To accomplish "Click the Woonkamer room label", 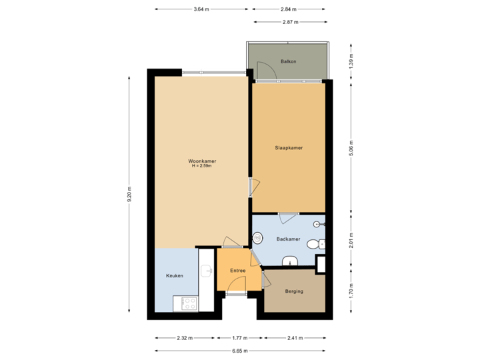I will pyautogui.click(x=201, y=161).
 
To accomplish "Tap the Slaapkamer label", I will pyautogui.click(x=289, y=147).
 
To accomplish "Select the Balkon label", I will pyautogui.click(x=288, y=61).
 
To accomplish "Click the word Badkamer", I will pyautogui.click(x=288, y=238).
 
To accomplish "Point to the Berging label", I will pyautogui.click(x=294, y=291).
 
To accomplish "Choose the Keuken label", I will pyautogui.click(x=174, y=275).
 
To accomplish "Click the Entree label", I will pyautogui.click(x=238, y=270).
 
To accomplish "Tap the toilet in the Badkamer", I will pyautogui.click(x=313, y=245).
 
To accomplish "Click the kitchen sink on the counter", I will pyautogui.click(x=207, y=269).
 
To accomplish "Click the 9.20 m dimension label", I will pyautogui.click(x=130, y=193).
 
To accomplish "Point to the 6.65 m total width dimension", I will pyautogui.click(x=240, y=350).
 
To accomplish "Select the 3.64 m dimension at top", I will pyautogui.click(x=201, y=9).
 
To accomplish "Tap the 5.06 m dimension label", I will pyautogui.click(x=351, y=147).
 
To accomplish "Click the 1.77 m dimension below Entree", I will pyautogui.click(x=240, y=338).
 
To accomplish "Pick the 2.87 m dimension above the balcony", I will pyautogui.click(x=290, y=22).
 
